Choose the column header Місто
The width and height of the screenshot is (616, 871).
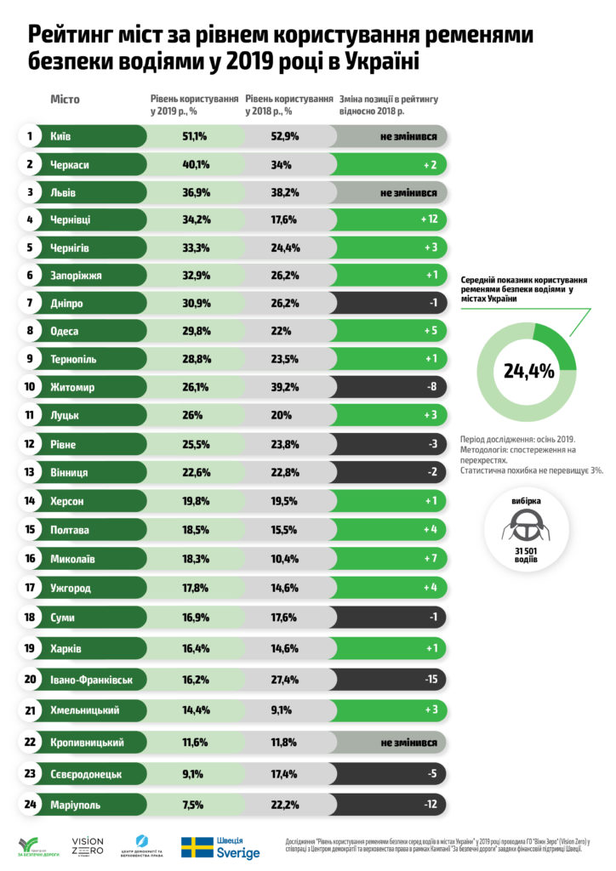[65, 100]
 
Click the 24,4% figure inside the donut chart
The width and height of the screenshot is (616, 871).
[528, 371]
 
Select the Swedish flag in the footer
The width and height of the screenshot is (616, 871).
[197, 847]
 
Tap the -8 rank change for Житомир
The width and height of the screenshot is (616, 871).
[431, 387]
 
